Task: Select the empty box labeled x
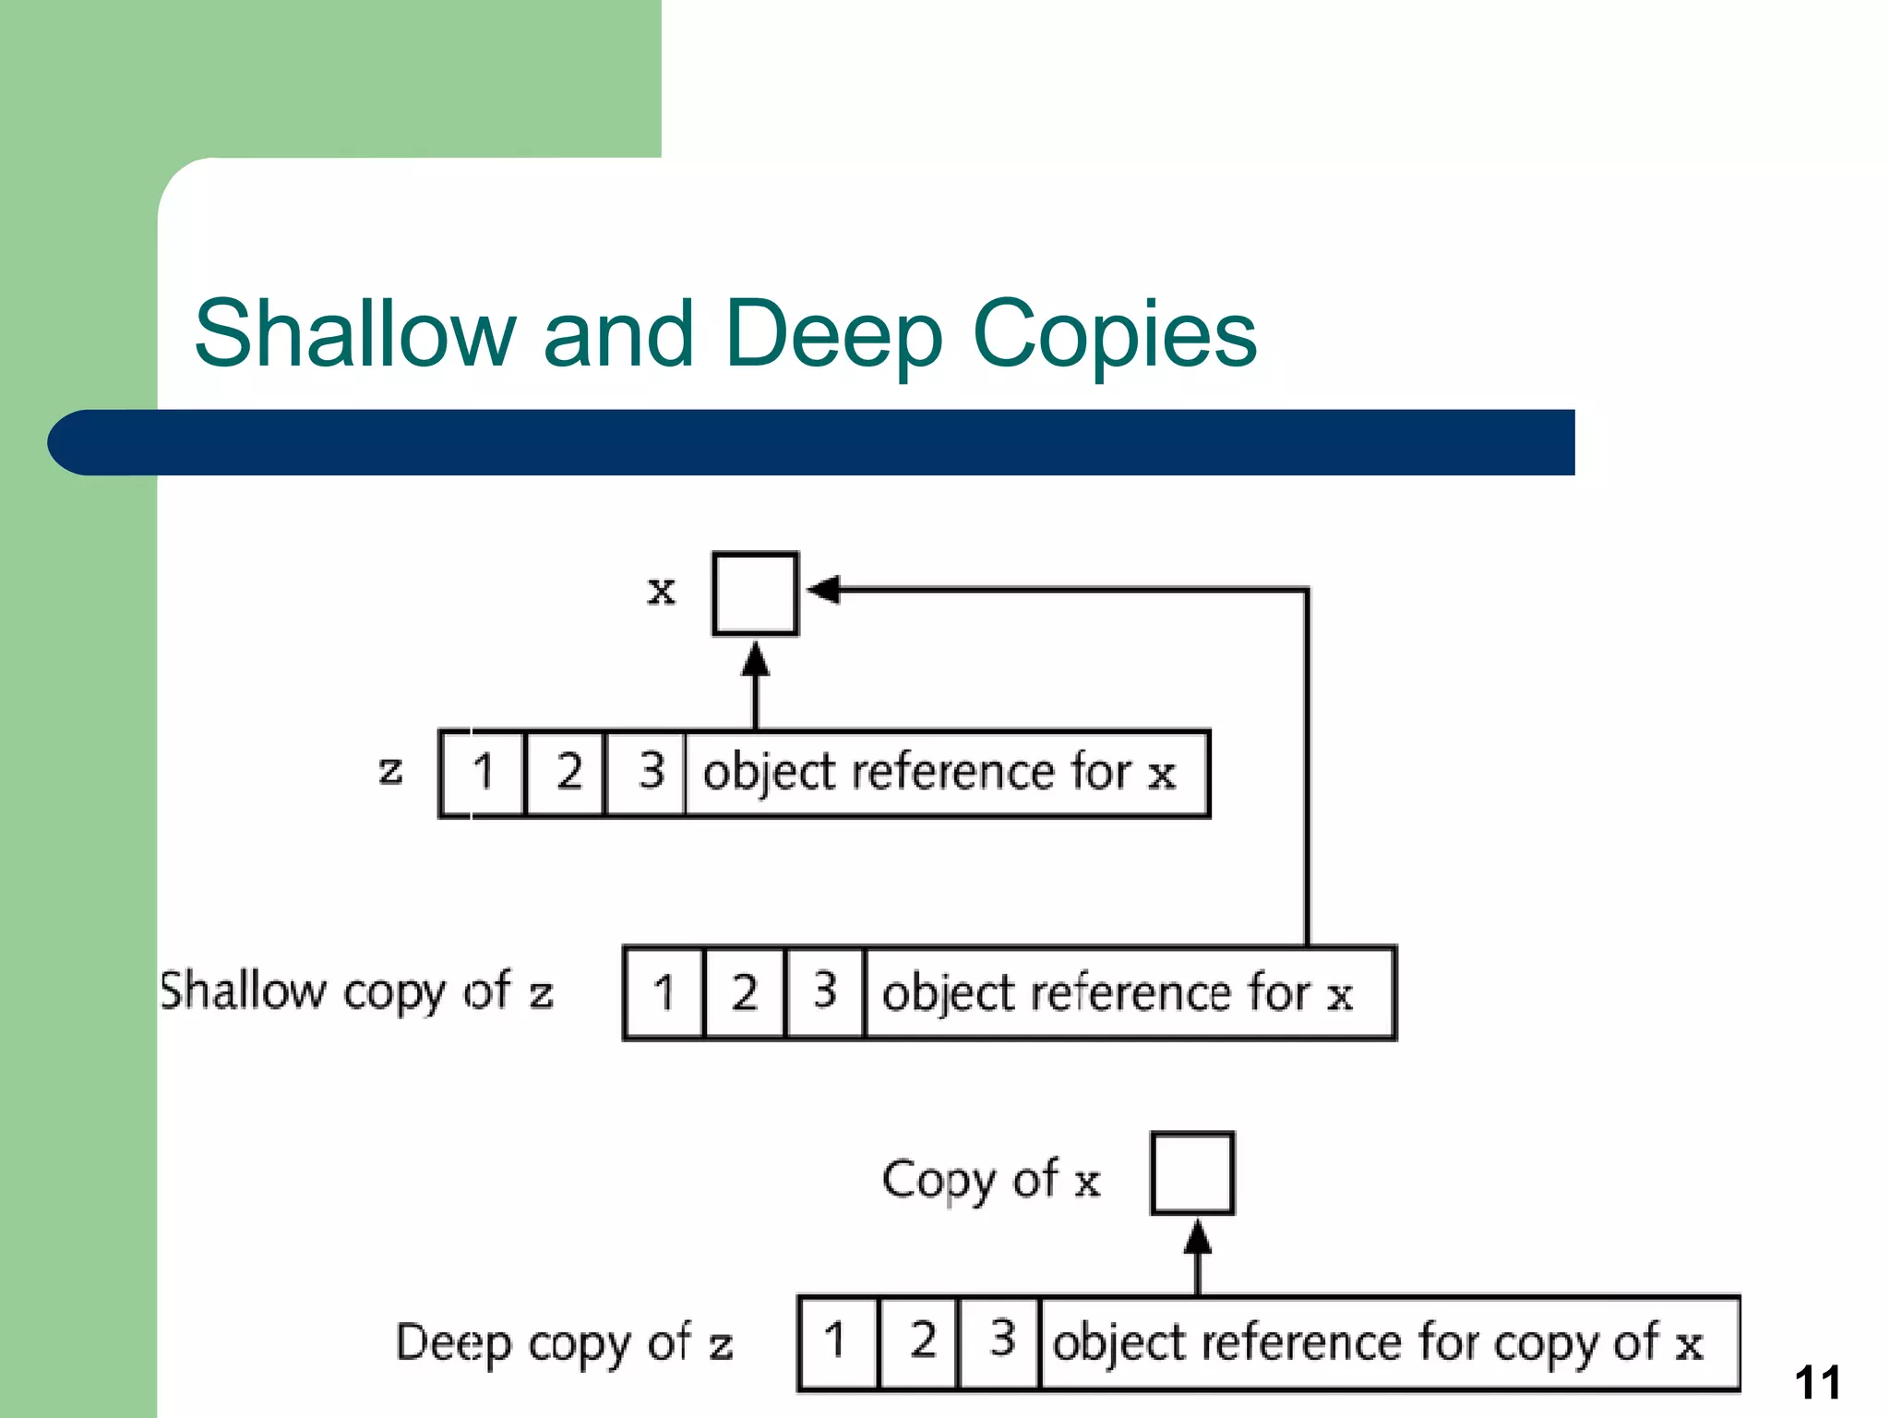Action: pos(755,594)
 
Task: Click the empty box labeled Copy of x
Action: pos(1192,1173)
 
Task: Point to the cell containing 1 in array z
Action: pos(483,773)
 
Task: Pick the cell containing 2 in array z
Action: pos(566,773)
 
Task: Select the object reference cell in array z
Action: pos(946,774)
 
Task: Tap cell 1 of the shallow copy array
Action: pos(664,993)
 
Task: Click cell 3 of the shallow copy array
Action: pos(825,993)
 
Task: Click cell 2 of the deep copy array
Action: pos(920,1341)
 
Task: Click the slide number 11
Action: pos(1817,1383)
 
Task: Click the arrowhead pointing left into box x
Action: pos(824,589)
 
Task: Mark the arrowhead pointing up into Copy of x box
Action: pos(1197,1238)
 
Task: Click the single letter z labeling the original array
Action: pos(390,770)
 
